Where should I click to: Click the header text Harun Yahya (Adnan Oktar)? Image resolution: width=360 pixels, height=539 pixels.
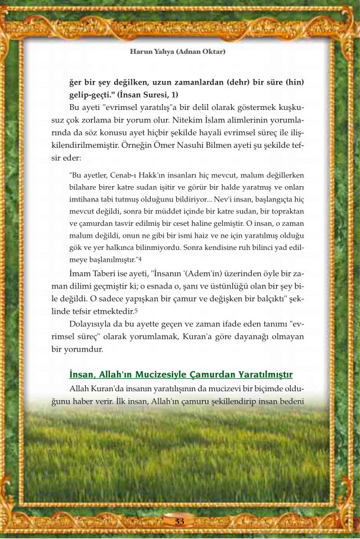[178, 51]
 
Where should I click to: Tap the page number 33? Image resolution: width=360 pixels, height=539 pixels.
[180, 521]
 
